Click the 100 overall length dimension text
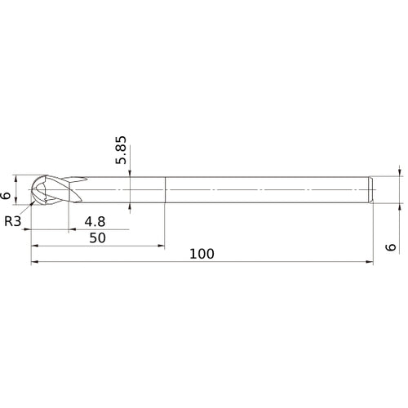(202, 254)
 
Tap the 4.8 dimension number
(95, 220)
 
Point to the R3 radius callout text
(13, 220)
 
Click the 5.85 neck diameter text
(122, 150)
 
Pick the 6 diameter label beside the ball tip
(7, 195)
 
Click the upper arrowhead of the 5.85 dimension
(131, 173)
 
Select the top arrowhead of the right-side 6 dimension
(400, 173)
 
